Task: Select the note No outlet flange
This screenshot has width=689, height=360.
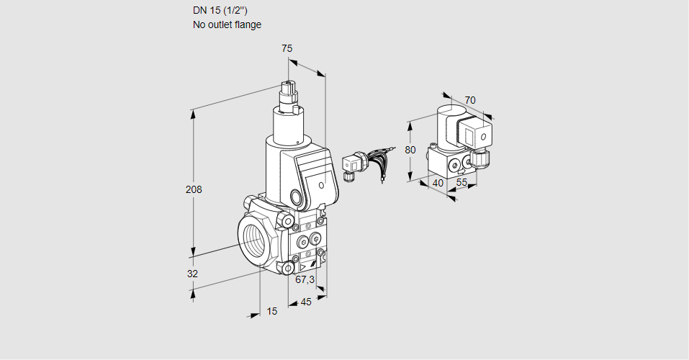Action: pyautogui.click(x=227, y=24)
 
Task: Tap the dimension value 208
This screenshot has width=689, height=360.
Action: pyautogui.click(x=194, y=189)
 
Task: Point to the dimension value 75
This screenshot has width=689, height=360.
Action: pyautogui.click(x=287, y=48)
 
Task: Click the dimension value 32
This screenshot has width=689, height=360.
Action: pyautogui.click(x=192, y=274)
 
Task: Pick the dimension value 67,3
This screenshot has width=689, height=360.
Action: pyautogui.click(x=305, y=279)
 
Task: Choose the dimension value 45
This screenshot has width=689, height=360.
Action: pyautogui.click(x=306, y=302)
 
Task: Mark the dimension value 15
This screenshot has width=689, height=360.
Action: pyautogui.click(x=271, y=311)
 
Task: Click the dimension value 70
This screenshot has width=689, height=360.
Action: pyautogui.click(x=470, y=100)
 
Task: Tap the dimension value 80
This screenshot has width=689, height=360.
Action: pyautogui.click(x=410, y=150)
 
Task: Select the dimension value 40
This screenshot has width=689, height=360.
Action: pyautogui.click(x=437, y=183)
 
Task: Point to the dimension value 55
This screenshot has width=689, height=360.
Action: pyautogui.click(x=461, y=184)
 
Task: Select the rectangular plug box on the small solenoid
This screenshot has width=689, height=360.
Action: pyautogui.click(x=477, y=135)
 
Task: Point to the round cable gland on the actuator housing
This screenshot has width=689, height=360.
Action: pyautogui.click(x=297, y=196)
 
